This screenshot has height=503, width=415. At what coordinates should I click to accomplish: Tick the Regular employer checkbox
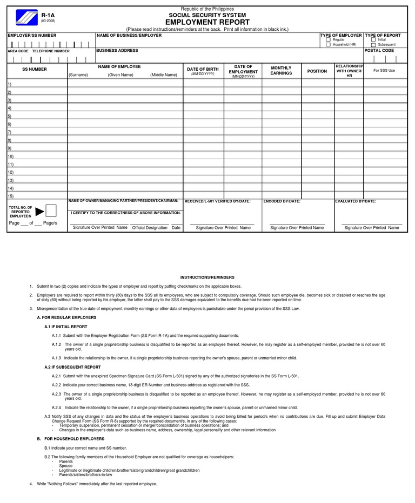[328, 40]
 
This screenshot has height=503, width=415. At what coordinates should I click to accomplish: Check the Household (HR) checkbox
[328, 45]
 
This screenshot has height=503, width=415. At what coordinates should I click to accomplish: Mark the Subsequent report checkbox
[373, 45]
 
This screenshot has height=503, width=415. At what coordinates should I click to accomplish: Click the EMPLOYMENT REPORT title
[207, 22]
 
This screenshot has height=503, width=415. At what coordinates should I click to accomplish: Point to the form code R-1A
[48, 16]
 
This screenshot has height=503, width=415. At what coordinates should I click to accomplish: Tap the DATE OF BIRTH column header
[203, 69]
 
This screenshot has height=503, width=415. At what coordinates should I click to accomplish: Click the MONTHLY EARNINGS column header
[281, 71]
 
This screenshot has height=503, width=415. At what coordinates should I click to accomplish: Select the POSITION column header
[317, 71]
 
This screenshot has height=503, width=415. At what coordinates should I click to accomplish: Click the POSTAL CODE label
[379, 51]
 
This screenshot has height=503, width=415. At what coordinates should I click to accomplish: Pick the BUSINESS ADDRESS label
[117, 51]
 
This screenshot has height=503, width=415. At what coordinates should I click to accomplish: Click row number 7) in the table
[9, 132]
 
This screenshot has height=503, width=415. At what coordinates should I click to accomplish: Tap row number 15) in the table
[10, 196]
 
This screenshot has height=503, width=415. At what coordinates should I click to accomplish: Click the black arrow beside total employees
[40, 210]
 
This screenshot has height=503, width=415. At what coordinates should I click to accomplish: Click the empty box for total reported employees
[51, 210]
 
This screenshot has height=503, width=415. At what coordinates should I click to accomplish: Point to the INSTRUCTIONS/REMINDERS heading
[207, 277]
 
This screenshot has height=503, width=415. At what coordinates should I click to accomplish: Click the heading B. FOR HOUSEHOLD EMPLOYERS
[70, 439]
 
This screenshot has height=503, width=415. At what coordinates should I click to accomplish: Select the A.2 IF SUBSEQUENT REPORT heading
[72, 367]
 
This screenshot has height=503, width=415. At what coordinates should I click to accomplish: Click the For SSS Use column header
[384, 71]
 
